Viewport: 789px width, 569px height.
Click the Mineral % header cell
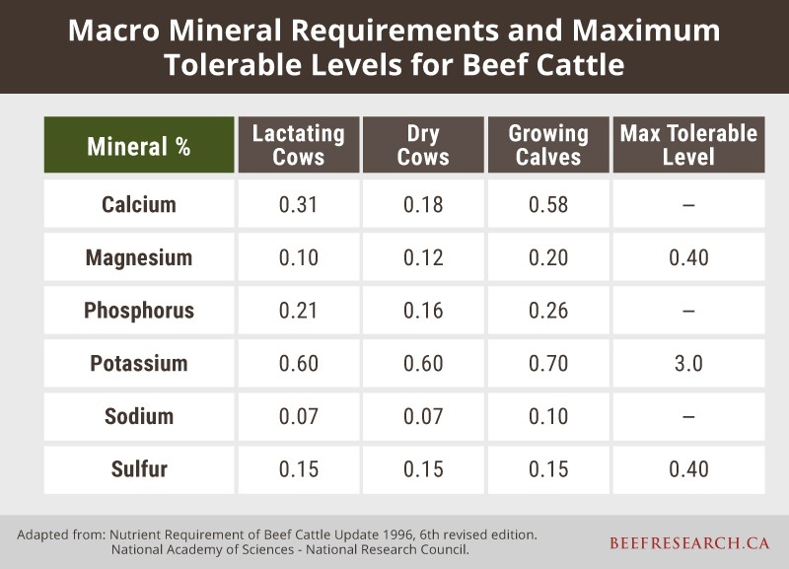pyautogui.click(x=139, y=146)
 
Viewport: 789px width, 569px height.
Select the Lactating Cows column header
pyautogui.click(x=298, y=145)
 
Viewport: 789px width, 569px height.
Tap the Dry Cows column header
pyautogui.click(x=422, y=145)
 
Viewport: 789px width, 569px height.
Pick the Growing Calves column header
pyautogui.click(x=547, y=145)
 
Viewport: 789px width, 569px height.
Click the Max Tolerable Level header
pyautogui.click(x=688, y=145)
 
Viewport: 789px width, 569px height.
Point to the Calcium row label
pyautogui.click(x=139, y=205)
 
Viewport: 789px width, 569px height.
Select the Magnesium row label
pyautogui.click(x=139, y=258)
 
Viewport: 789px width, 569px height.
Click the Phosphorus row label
pyautogui.click(x=139, y=311)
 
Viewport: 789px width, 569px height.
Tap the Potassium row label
pyautogui.click(x=139, y=363)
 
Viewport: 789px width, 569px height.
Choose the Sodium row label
pyautogui.click(x=139, y=416)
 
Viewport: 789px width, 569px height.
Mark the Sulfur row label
pyautogui.click(x=139, y=468)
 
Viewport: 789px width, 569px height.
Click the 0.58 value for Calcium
pyautogui.click(x=547, y=205)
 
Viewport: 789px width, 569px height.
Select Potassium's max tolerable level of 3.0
pyautogui.click(x=688, y=363)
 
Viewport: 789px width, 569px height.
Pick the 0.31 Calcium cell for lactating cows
pyautogui.click(x=298, y=205)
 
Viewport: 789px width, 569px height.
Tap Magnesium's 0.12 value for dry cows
pyautogui.click(x=422, y=258)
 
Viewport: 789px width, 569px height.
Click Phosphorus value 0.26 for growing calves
pyautogui.click(x=547, y=311)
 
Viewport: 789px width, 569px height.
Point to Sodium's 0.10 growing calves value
pyautogui.click(x=547, y=416)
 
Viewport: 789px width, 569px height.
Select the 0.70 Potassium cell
pyautogui.click(x=547, y=363)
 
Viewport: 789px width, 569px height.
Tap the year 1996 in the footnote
pyautogui.click(x=382, y=534)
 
